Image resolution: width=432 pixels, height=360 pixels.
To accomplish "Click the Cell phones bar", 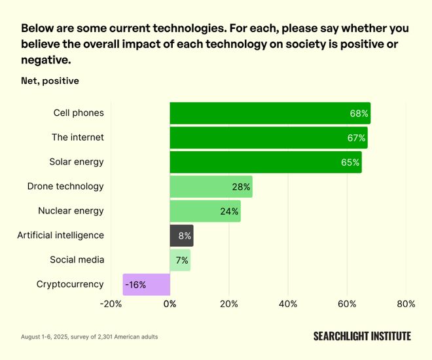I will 270,113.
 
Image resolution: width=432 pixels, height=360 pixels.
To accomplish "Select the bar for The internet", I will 268,137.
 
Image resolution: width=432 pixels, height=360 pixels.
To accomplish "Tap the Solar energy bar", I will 265,162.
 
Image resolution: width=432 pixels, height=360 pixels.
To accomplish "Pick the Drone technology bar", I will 211,187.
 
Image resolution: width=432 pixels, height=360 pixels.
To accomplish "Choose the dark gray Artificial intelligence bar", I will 181,236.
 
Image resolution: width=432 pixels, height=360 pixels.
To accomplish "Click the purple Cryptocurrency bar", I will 147,285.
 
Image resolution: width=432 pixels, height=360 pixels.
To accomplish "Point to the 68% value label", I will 359,113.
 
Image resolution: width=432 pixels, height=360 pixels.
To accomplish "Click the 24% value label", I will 229,211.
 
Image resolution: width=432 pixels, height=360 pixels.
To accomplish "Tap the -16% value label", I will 135,285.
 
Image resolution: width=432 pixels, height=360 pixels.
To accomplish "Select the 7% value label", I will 181,261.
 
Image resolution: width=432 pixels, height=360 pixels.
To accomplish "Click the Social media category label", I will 77,260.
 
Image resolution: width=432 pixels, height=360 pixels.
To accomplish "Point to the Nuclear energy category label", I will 71,211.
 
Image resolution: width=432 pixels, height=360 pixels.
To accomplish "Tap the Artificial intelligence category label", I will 60,235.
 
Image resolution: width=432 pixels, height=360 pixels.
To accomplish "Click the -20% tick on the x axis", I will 111,304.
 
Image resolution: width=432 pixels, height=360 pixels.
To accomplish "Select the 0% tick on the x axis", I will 170,304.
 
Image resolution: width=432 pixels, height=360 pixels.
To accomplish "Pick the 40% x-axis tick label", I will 288,304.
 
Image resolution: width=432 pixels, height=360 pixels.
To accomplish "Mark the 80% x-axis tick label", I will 406,304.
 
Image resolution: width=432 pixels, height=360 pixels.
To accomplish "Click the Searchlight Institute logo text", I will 362,336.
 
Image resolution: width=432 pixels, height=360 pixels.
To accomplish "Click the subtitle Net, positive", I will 50,81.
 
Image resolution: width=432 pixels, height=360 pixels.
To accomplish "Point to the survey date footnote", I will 89,337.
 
